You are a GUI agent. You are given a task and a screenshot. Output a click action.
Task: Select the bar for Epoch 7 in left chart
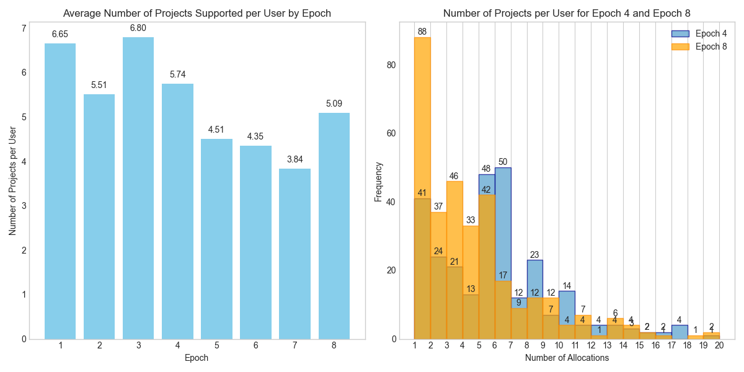point(294,254)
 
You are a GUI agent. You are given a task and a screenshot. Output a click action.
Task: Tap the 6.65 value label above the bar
point(60,34)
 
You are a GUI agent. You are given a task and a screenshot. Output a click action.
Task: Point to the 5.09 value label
point(334,104)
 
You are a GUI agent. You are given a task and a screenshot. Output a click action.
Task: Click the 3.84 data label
point(294,159)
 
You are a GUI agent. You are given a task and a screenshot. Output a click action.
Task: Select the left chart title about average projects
point(197,13)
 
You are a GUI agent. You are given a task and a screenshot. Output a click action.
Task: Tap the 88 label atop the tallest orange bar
point(422,32)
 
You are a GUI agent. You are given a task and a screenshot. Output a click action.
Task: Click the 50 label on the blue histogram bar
point(503,162)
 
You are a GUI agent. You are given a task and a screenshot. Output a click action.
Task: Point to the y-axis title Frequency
point(379,182)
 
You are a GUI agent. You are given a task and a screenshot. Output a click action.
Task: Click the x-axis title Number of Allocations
point(567,358)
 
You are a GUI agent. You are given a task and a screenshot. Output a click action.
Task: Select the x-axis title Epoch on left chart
point(197,358)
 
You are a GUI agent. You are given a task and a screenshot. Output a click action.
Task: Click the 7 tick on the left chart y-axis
point(24,28)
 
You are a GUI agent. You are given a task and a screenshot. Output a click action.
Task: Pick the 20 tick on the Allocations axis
point(719,345)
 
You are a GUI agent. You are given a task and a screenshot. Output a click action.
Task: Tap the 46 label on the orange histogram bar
point(454,176)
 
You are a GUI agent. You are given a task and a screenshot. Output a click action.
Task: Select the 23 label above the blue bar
point(534,254)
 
